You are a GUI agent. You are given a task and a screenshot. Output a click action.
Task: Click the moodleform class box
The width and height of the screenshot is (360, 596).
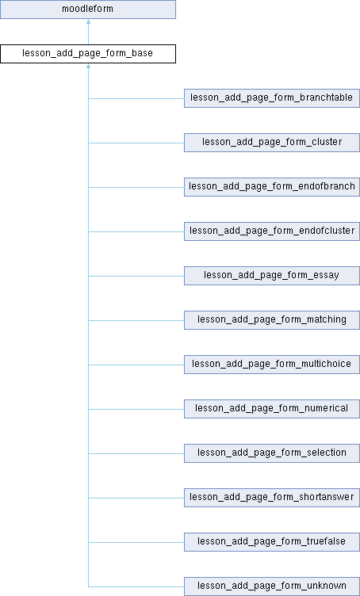tap(88, 10)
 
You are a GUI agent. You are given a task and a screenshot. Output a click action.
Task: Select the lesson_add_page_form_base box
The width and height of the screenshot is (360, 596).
tap(88, 54)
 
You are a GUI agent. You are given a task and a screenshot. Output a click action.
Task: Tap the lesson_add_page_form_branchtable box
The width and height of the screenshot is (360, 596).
tap(272, 98)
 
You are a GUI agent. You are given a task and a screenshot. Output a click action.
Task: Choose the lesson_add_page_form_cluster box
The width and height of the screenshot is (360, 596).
tap(272, 143)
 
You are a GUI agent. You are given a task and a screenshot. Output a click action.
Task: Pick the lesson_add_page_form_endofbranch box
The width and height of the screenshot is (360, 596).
tap(272, 186)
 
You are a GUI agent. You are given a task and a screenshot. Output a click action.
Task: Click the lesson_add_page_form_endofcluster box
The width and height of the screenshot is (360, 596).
tap(272, 231)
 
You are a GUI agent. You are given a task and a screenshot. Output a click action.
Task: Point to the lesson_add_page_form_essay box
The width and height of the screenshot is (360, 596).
tap(272, 276)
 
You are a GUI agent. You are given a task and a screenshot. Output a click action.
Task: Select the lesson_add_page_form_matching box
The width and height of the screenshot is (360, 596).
tap(272, 320)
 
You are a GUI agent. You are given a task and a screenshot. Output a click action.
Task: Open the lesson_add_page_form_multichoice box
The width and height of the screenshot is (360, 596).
tap(272, 364)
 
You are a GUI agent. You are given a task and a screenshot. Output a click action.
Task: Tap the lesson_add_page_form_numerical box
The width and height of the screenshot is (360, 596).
tap(272, 409)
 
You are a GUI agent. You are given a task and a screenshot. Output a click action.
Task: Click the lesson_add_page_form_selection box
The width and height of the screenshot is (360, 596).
tap(272, 453)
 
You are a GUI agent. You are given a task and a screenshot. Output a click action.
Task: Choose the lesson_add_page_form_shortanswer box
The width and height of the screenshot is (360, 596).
tap(272, 498)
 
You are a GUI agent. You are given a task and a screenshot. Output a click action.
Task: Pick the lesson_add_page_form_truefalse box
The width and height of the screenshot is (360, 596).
tap(272, 541)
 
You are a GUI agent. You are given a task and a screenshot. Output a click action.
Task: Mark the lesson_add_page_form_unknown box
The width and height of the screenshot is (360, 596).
tap(272, 586)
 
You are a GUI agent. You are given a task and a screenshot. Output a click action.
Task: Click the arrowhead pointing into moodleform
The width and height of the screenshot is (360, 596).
tap(88, 21)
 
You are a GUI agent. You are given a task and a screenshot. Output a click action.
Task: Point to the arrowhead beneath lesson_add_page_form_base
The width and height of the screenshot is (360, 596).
tap(88, 66)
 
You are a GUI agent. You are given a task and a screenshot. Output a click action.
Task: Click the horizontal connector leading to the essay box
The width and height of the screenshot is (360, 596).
tap(136, 276)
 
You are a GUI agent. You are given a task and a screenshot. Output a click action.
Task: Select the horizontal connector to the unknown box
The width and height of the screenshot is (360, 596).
tap(136, 586)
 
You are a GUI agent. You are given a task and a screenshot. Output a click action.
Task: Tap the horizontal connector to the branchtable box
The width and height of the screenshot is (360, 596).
tap(136, 98)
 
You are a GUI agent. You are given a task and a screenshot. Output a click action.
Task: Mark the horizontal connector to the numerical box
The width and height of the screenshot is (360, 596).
tap(136, 409)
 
